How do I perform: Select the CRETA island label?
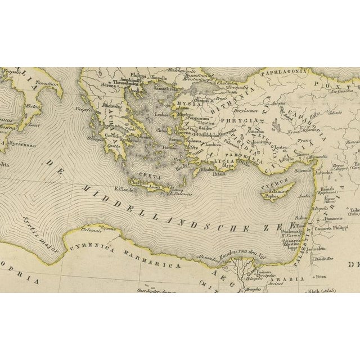click(x=142, y=176)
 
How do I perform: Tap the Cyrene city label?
click(x=109, y=230)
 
